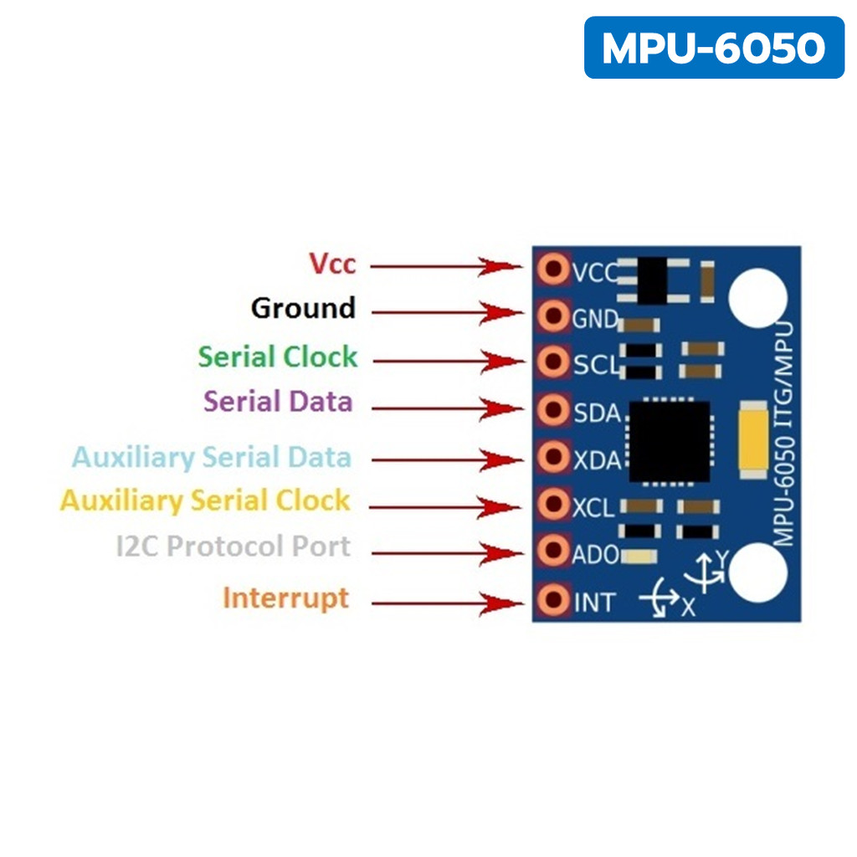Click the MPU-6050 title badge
point(714,48)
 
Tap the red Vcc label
point(332,264)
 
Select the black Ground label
point(303,308)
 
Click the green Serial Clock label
point(278,357)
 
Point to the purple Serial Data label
point(278,401)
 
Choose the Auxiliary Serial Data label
point(212,458)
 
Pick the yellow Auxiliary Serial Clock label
point(205,500)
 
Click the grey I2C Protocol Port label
point(233,546)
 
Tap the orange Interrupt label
point(286,598)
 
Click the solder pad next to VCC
point(553,269)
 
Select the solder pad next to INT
point(553,599)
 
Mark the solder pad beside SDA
point(553,410)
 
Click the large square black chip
point(670,442)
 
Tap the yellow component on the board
point(752,439)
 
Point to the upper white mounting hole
point(758,299)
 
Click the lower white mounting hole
point(758,572)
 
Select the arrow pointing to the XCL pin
point(445,506)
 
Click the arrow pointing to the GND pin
point(448,313)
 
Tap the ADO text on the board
point(595,555)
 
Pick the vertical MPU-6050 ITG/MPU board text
point(783,434)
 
